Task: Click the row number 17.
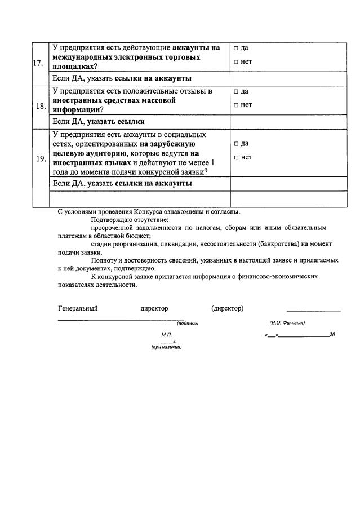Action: pos(39,63)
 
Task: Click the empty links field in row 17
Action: pos(288,78)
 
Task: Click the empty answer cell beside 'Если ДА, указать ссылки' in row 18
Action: pos(288,121)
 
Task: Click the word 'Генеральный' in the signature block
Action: pos(78,308)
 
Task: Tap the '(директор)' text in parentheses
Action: pos(227,308)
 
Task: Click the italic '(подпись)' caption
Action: pos(188,323)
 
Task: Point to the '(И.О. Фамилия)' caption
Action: pos(287,323)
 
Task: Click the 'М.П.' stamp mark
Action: pos(166,335)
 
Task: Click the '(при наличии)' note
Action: pos(166,347)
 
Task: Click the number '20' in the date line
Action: pos(332,335)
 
